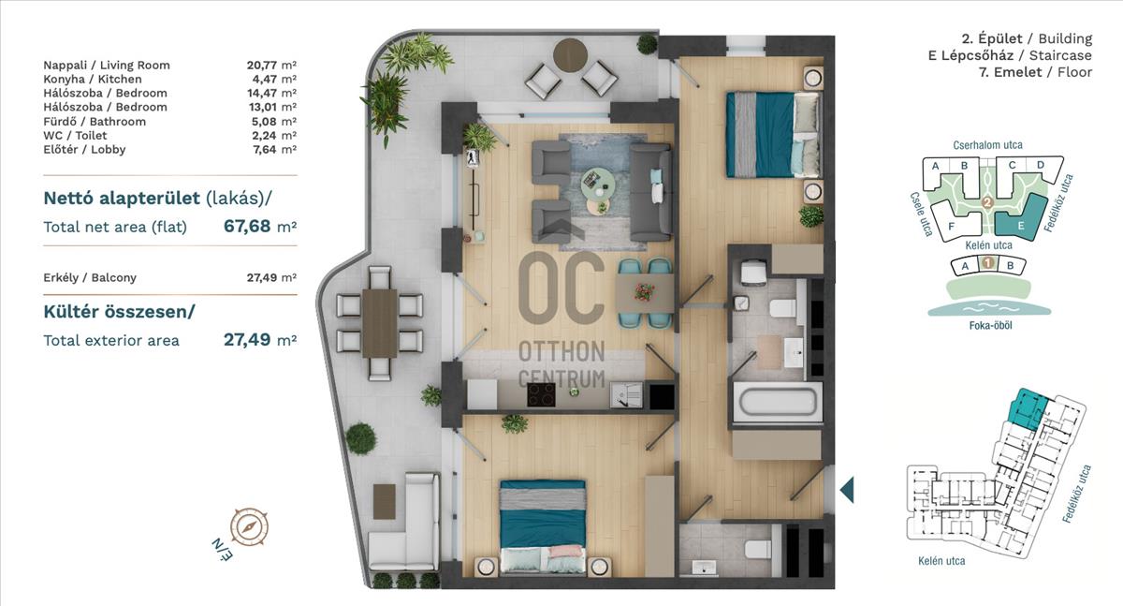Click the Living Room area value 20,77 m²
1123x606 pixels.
tap(271, 65)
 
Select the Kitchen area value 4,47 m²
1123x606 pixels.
tap(275, 79)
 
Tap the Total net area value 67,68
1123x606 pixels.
tap(247, 227)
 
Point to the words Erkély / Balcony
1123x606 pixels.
tap(90, 277)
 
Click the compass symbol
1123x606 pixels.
tap(249, 527)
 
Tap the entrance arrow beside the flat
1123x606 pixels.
tap(847, 490)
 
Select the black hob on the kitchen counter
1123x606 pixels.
tap(541, 395)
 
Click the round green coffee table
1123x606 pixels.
tap(597, 183)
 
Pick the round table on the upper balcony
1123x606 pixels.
tap(571, 55)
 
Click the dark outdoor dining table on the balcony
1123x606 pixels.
tap(380, 323)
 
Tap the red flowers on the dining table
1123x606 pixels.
tap(644, 291)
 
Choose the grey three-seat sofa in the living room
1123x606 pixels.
tap(650, 193)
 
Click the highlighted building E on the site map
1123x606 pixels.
tap(1021, 218)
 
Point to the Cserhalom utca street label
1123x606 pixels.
tap(987, 145)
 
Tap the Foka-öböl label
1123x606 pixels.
tap(990, 325)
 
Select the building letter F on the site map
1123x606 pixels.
tap(952, 227)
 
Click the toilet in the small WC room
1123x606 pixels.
tap(757, 549)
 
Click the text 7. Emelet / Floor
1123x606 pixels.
tap(1035, 72)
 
